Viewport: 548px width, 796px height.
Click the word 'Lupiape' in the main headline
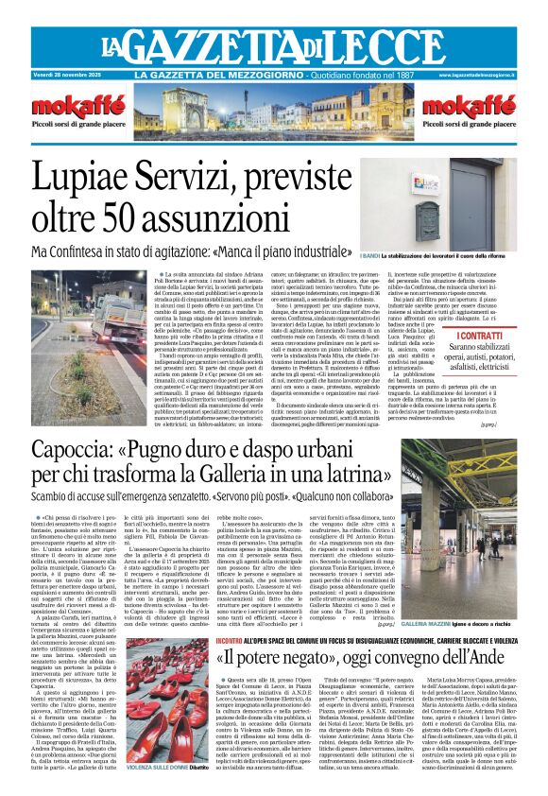point(122,178)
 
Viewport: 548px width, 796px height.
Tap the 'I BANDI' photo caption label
point(371,256)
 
